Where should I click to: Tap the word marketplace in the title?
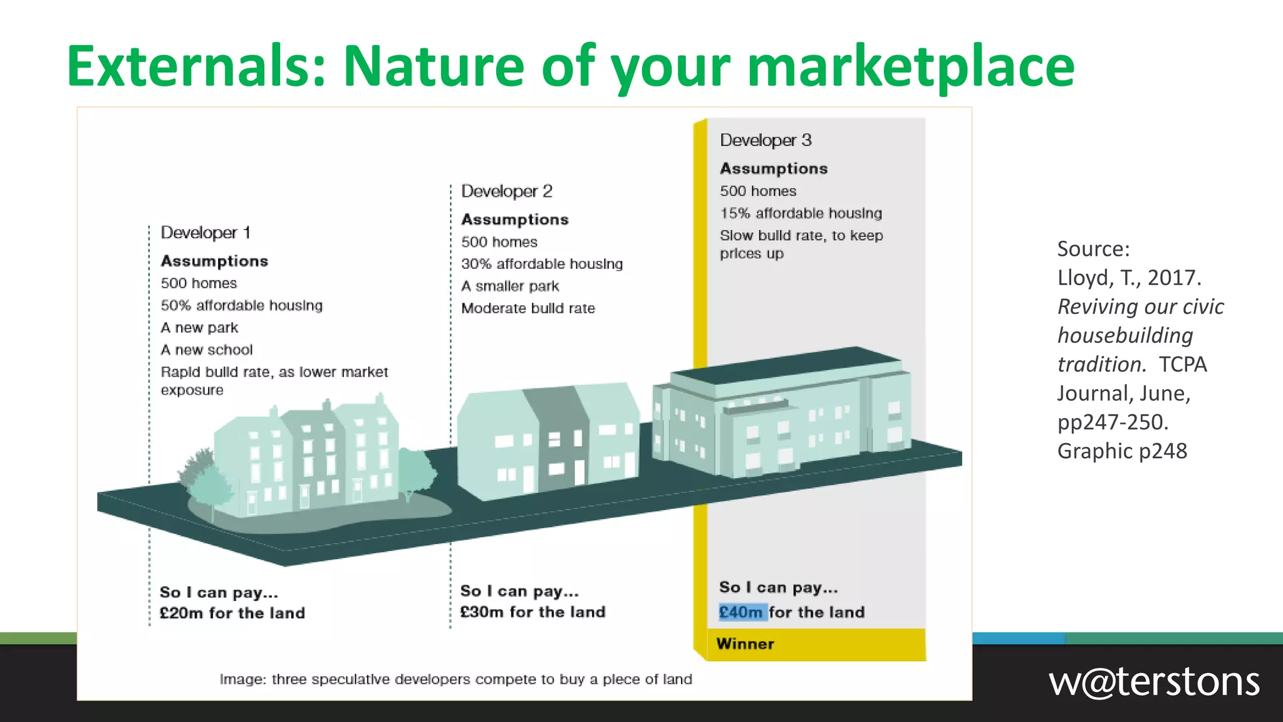pos(911,66)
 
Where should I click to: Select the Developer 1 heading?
pos(205,233)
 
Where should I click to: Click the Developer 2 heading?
pos(506,191)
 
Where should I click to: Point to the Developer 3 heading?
pos(765,140)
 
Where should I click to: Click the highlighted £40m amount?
pos(741,612)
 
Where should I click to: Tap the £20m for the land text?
pos(232,613)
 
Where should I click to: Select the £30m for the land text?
pos(532,612)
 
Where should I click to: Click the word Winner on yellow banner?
pos(745,644)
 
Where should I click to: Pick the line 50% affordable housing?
pos(241,305)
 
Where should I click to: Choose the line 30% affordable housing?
pos(542,264)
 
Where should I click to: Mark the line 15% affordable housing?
pos(801,213)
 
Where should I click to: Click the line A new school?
pos(207,350)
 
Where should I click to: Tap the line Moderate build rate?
pos(528,308)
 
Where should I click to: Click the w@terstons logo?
pos(1154,682)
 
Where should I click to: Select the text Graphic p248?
pos(1121,451)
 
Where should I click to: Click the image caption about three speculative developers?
pos(455,679)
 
